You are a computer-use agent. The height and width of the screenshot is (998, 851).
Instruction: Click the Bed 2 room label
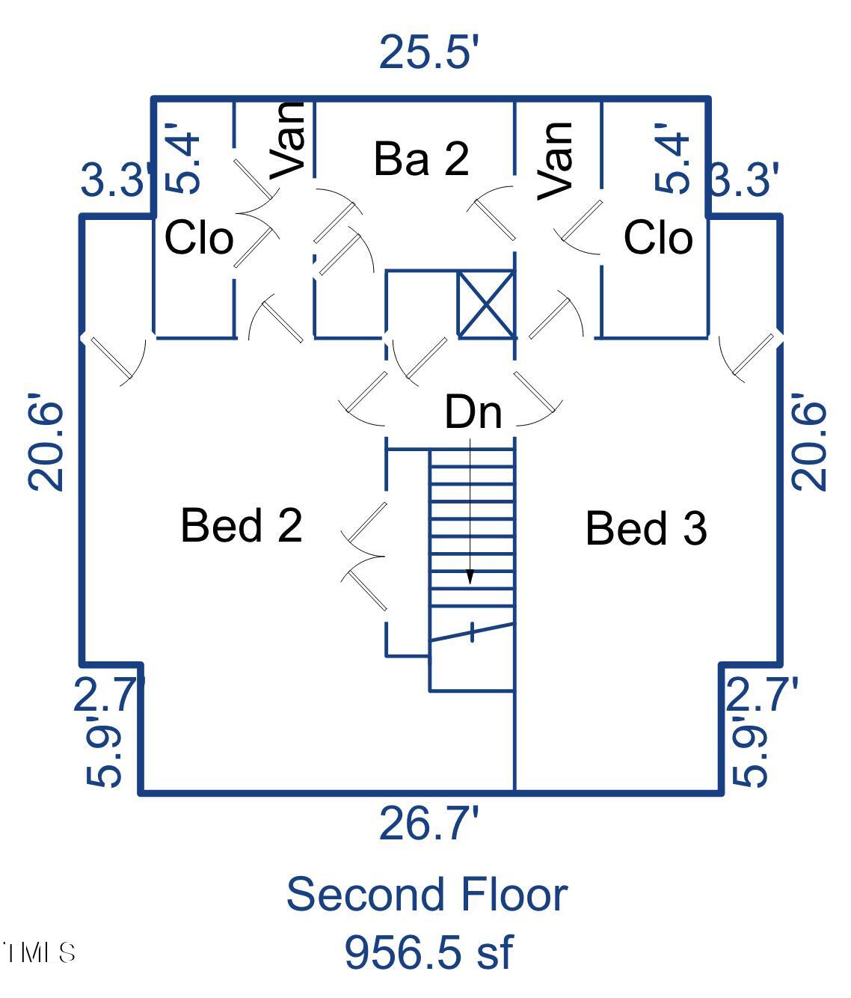tap(241, 524)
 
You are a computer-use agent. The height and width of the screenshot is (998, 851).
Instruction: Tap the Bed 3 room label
tap(645, 528)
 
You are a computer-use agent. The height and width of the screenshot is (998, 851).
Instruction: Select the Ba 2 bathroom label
tap(421, 158)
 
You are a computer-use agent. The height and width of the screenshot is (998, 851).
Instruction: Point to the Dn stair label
tap(473, 412)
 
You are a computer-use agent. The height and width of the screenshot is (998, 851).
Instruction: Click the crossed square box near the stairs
tap(486, 304)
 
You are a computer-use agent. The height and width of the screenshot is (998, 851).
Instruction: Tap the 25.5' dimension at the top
tap(428, 52)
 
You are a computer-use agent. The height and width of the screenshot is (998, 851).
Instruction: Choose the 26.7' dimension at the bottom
tap(428, 823)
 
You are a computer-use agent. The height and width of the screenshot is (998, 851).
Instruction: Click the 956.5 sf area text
tap(428, 952)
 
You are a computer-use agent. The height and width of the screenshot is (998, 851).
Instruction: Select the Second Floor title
tap(426, 894)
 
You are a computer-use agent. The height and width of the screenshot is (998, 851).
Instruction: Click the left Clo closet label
tap(198, 238)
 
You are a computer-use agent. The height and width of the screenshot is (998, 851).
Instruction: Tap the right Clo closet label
tap(658, 238)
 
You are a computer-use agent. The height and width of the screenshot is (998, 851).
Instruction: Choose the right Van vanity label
tap(556, 161)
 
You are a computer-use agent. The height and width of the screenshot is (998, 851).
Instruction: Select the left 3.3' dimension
tap(114, 180)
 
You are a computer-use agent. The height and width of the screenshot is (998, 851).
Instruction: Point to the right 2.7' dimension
tap(761, 694)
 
